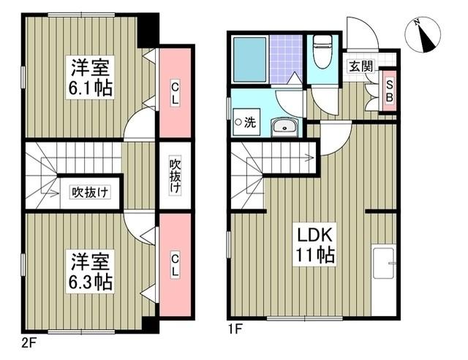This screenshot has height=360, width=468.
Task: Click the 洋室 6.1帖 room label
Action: tap(91, 78)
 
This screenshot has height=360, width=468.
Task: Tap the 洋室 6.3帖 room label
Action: tap(91, 271)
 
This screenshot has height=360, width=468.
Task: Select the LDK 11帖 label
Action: tap(314, 245)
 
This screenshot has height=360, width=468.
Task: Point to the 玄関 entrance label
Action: tap(360, 66)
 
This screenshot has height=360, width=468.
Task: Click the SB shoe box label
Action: tap(389, 87)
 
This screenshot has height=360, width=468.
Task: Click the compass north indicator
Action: tap(423, 35)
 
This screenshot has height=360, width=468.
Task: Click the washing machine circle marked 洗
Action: tap(239, 122)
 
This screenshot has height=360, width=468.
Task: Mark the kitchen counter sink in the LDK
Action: tap(384, 263)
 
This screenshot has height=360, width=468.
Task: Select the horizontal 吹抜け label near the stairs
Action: tap(90, 192)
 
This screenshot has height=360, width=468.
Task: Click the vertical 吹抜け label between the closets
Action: tap(175, 175)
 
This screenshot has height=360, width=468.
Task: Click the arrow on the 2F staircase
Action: tap(51, 193)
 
